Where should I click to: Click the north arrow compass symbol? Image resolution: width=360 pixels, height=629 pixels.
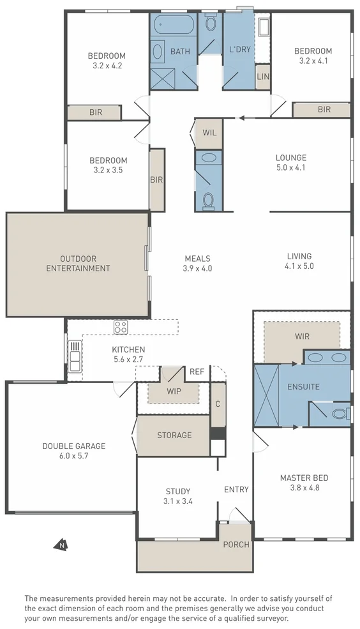[x=61, y=544]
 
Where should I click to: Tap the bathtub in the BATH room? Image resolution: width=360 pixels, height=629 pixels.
[x=173, y=26]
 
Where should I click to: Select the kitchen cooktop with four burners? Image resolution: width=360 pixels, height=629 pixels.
[x=120, y=327]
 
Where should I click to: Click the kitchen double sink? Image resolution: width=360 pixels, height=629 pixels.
[x=75, y=356]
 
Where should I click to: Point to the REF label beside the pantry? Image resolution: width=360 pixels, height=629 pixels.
[x=197, y=372]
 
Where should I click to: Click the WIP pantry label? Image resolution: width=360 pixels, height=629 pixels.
[x=174, y=391]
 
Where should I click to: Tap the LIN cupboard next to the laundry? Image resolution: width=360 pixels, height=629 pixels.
[x=263, y=76]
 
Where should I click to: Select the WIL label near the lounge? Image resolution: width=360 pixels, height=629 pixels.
[x=209, y=133]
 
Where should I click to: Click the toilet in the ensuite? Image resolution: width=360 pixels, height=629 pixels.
[x=341, y=413]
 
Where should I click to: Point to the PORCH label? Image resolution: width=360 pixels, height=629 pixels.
[x=236, y=544]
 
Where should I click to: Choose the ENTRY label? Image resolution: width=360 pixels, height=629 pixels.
[x=236, y=489]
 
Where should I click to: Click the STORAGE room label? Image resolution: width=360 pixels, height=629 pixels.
[x=174, y=435]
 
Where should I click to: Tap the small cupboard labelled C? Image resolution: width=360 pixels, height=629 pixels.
[x=218, y=405]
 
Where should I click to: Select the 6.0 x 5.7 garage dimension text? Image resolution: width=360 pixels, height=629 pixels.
[x=74, y=456]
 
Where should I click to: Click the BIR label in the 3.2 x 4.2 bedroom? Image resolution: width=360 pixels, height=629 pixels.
[x=96, y=113]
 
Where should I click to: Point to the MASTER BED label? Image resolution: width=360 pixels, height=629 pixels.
[x=304, y=478]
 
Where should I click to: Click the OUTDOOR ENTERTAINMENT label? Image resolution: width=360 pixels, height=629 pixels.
[x=78, y=264]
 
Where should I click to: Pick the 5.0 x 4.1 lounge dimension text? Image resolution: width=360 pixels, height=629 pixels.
[x=291, y=168]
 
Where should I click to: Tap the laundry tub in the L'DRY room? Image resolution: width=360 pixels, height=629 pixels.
[x=264, y=26]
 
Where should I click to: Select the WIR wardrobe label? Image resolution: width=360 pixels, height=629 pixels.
[x=302, y=336]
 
